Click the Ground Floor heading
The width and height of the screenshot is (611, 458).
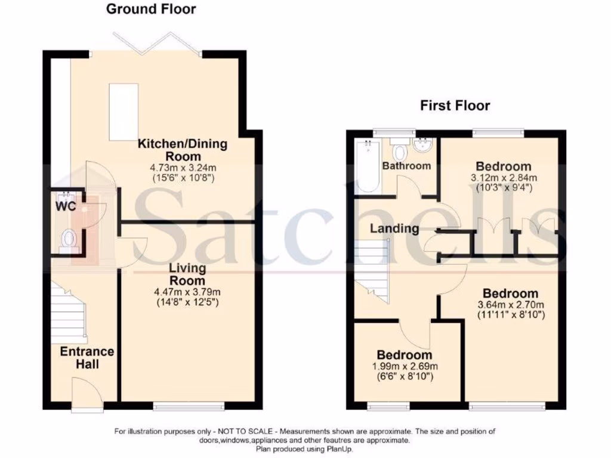pyautogui.click(x=151, y=9)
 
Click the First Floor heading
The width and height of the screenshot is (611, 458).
pyautogui.click(x=455, y=106)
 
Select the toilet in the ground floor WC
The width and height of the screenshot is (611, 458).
pyautogui.click(x=70, y=240)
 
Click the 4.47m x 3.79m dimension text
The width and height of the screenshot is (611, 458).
pyautogui.click(x=189, y=292)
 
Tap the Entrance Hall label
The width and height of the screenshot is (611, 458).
pyautogui.click(x=87, y=357)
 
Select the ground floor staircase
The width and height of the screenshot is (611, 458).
pyautogui.click(x=67, y=308)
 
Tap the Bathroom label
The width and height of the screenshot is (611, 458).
pyautogui.click(x=406, y=166)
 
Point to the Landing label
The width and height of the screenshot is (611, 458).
pyautogui.click(x=394, y=228)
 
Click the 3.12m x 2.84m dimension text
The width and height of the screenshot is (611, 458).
pyautogui.click(x=503, y=177)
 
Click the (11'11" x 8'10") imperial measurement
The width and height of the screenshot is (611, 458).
pyautogui.click(x=510, y=314)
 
